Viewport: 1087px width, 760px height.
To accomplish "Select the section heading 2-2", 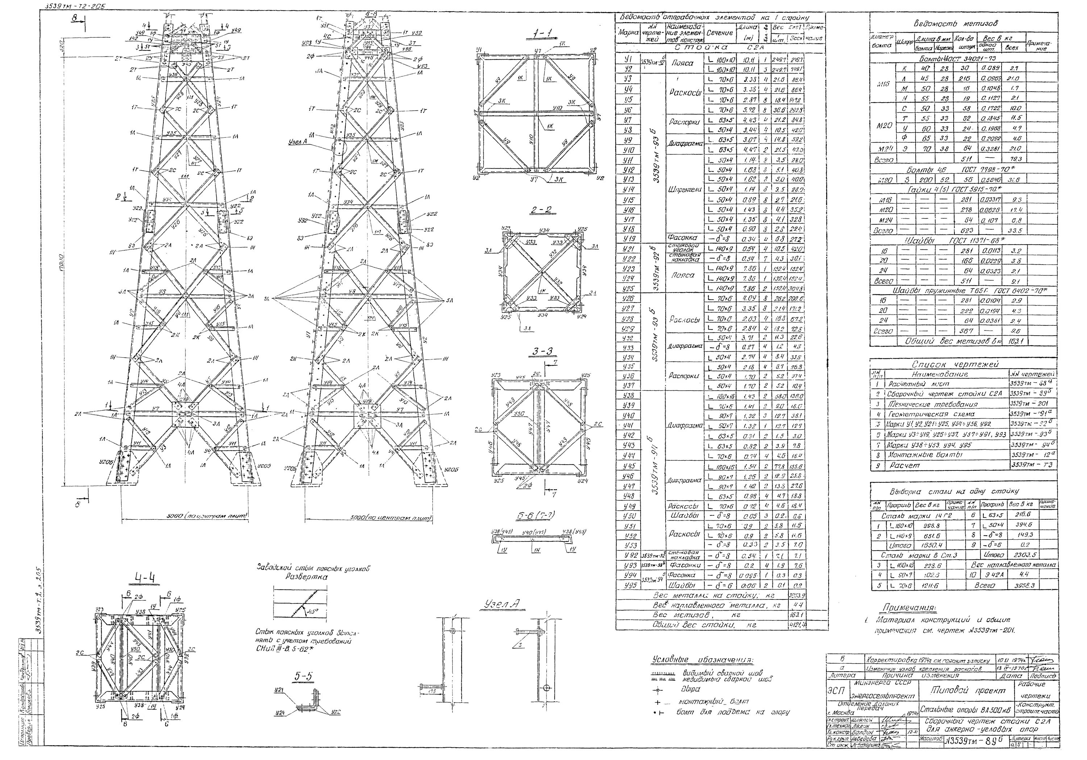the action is click(540, 210).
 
